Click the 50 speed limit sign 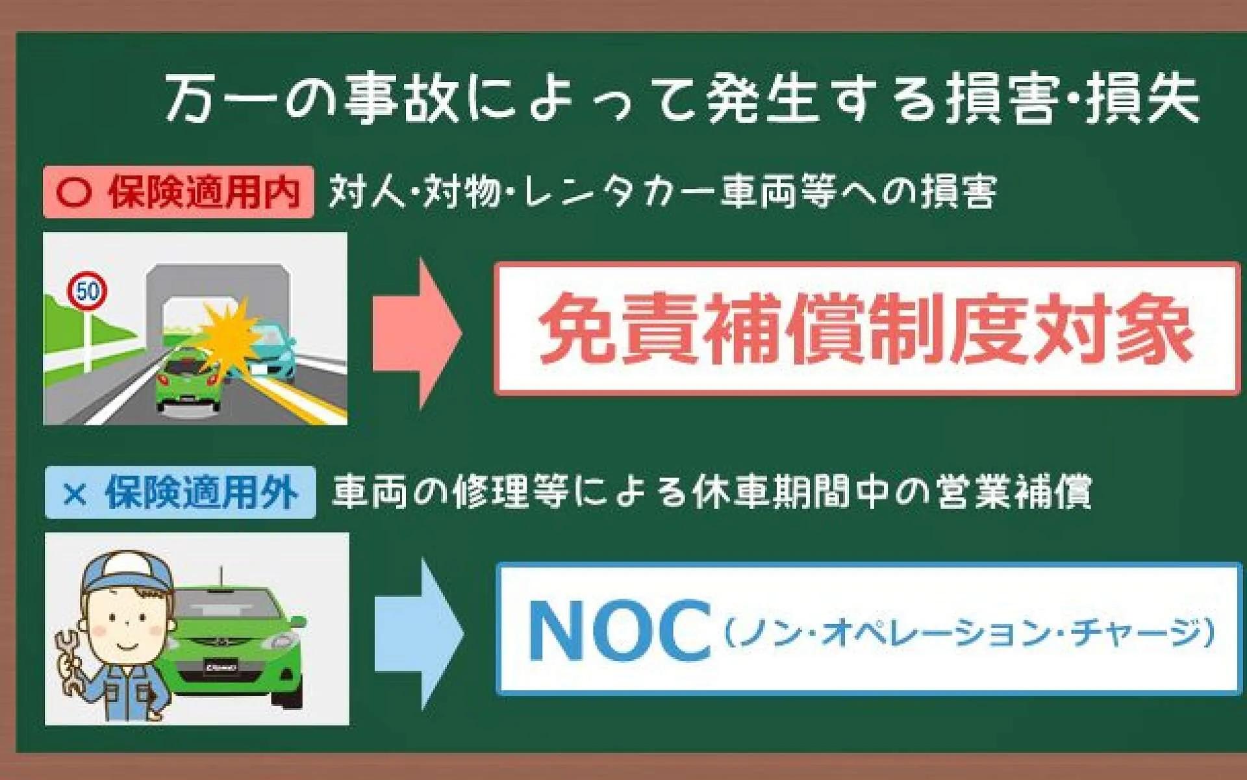tap(87, 290)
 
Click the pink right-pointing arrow tap(416, 333)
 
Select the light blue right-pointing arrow tap(419, 633)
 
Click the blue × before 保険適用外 tap(75, 494)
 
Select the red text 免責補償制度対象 tap(866, 329)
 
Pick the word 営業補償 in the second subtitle tap(1014, 492)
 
